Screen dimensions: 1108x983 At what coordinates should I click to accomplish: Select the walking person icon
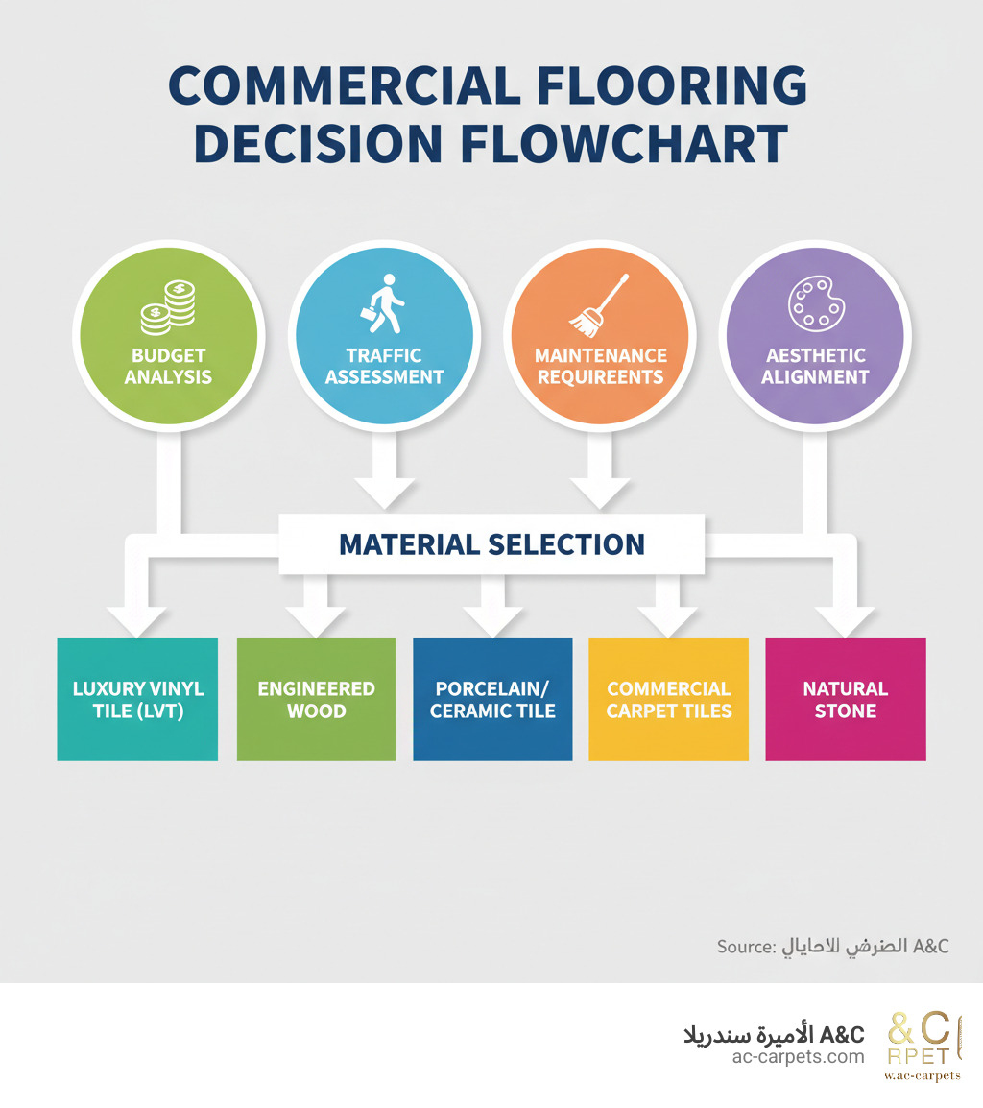coord(384,303)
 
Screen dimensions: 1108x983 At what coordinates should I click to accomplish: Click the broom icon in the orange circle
coord(599,304)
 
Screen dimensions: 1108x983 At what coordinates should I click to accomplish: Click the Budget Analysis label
coord(168,366)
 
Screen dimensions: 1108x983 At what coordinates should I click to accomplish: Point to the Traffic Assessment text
coord(384,366)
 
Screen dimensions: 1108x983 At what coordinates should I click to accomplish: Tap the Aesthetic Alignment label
coord(814,366)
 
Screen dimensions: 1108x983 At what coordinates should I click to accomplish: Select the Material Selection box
coord(491,544)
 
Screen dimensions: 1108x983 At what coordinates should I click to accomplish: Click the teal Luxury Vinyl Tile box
coord(137,700)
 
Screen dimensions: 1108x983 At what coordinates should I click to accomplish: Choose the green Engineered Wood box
coord(316,700)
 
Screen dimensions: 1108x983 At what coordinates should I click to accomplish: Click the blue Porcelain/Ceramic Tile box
coord(492,700)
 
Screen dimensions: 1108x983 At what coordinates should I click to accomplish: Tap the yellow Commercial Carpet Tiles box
coord(668,700)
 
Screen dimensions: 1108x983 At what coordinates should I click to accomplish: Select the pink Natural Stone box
coord(846,700)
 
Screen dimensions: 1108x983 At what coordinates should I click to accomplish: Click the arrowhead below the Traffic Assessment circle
coord(384,492)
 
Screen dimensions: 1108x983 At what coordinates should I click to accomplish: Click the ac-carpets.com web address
coord(798,1056)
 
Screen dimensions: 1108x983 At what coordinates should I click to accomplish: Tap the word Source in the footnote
coord(745,947)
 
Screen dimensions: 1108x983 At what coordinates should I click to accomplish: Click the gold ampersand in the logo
coord(903,1028)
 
